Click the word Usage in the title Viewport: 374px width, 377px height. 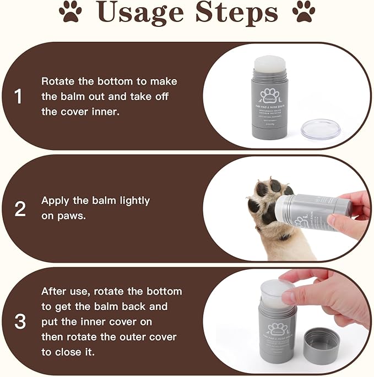pos(140,15)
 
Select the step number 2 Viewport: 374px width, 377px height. pos(20,209)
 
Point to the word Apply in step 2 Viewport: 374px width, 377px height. pos(56,201)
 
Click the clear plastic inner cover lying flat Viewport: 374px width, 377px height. pos(321,129)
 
